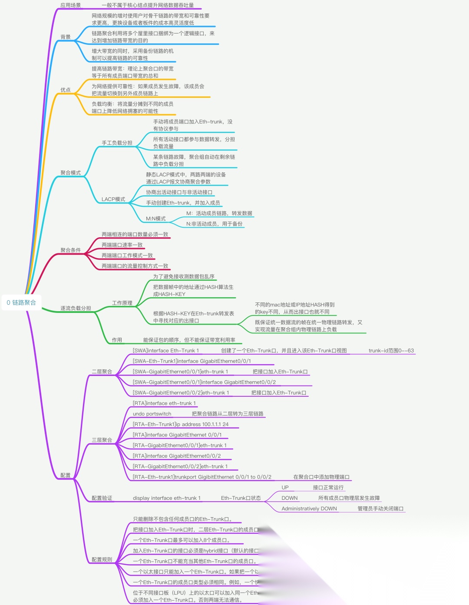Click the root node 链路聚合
pos(22,302)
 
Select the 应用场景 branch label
pos(70,5)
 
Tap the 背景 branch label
pos(66,37)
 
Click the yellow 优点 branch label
pos(66,90)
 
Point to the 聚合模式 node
pos(70,173)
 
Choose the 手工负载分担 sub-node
pos(117,143)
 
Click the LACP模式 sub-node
pos(113,199)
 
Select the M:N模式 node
pos(155,219)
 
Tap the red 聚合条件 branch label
pos(70,250)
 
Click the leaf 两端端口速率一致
pos(122,245)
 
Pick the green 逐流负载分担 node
pos(76,308)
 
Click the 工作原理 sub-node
pos(122,303)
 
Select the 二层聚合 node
pos(102,372)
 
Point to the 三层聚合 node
pos(102,440)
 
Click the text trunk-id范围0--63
pos(391,351)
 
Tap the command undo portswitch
pos(152,414)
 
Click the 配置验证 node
pos(102,498)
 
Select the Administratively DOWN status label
pos(309,509)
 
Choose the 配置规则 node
pos(102,560)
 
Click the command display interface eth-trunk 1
pos(167,498)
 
